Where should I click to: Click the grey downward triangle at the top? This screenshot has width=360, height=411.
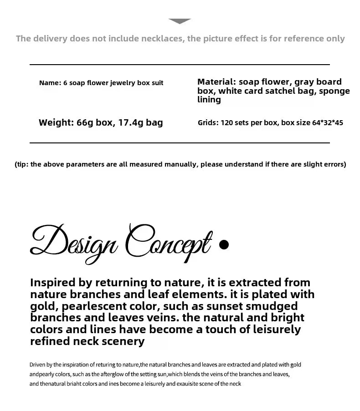[180, 21]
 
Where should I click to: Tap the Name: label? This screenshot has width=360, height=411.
[50, 83]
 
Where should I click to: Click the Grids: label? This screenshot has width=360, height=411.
[208, 123]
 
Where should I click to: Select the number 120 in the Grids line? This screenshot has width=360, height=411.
[227, 123]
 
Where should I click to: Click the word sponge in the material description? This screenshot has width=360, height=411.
[334, 91]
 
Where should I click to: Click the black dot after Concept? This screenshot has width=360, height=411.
[224, 245]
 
